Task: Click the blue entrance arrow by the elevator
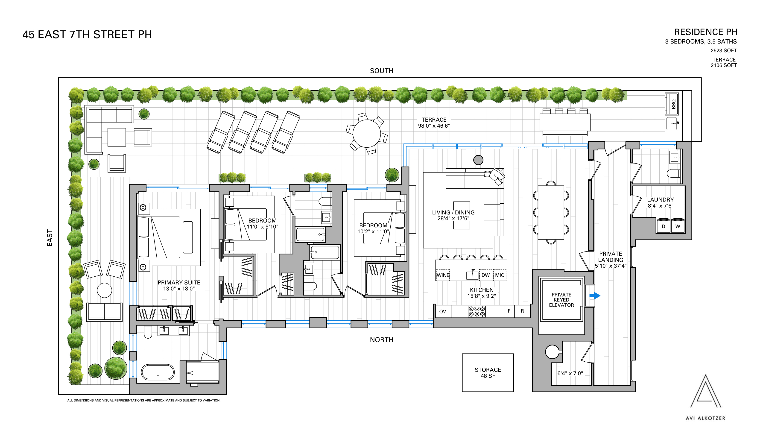pos(594,296)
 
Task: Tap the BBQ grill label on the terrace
pos(673,104)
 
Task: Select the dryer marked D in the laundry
pos(663,226)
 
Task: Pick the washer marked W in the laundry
pos(677,226)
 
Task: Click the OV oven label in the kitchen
pos(442,312)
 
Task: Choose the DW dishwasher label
pos(485,275)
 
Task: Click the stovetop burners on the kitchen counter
pos(476,311)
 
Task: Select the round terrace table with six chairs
pos(366,133)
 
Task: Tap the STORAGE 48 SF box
pos(488,373)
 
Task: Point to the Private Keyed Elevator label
pos(561,300)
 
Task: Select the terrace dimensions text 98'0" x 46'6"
pos(434,126)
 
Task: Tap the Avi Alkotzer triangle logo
pos(705,392)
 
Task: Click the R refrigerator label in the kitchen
pos(522,311)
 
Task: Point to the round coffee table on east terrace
pos(104,290)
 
